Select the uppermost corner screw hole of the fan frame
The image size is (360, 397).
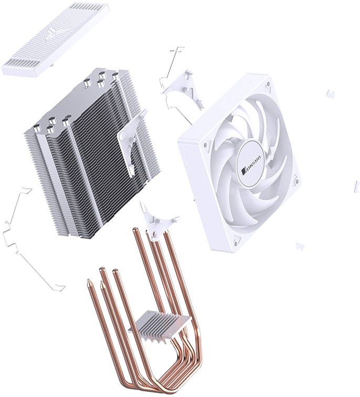pos(268,83)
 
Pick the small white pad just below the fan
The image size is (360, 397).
pos(300,246)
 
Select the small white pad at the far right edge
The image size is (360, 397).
pos(356,184)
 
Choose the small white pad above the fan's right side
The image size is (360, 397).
pos(330,93)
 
